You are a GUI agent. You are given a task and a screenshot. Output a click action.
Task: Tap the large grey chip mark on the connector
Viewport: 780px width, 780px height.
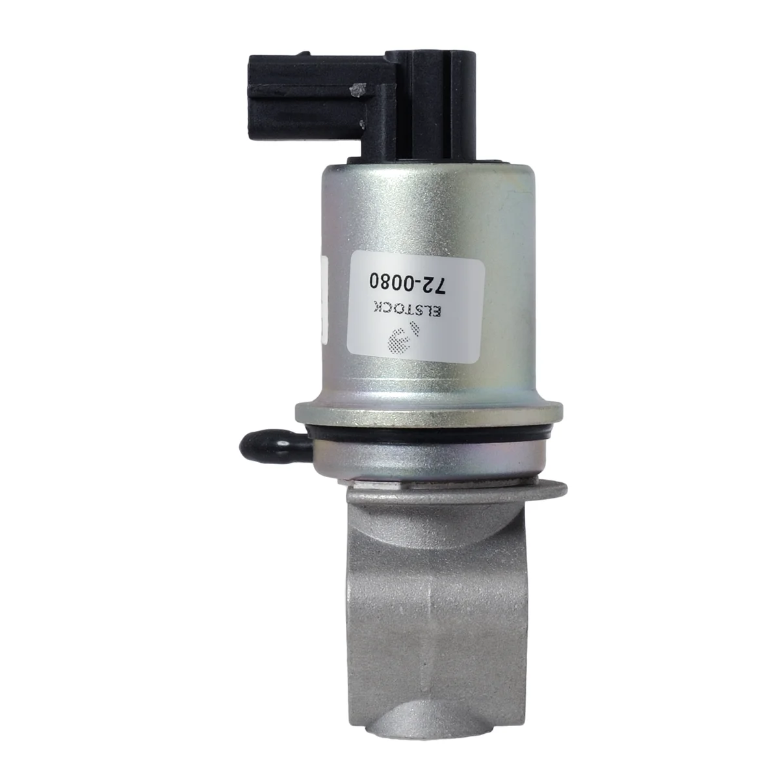click(x=356, y=88)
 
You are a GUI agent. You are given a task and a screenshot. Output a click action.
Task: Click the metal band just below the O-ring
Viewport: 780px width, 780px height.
click(x=429, y=458)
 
